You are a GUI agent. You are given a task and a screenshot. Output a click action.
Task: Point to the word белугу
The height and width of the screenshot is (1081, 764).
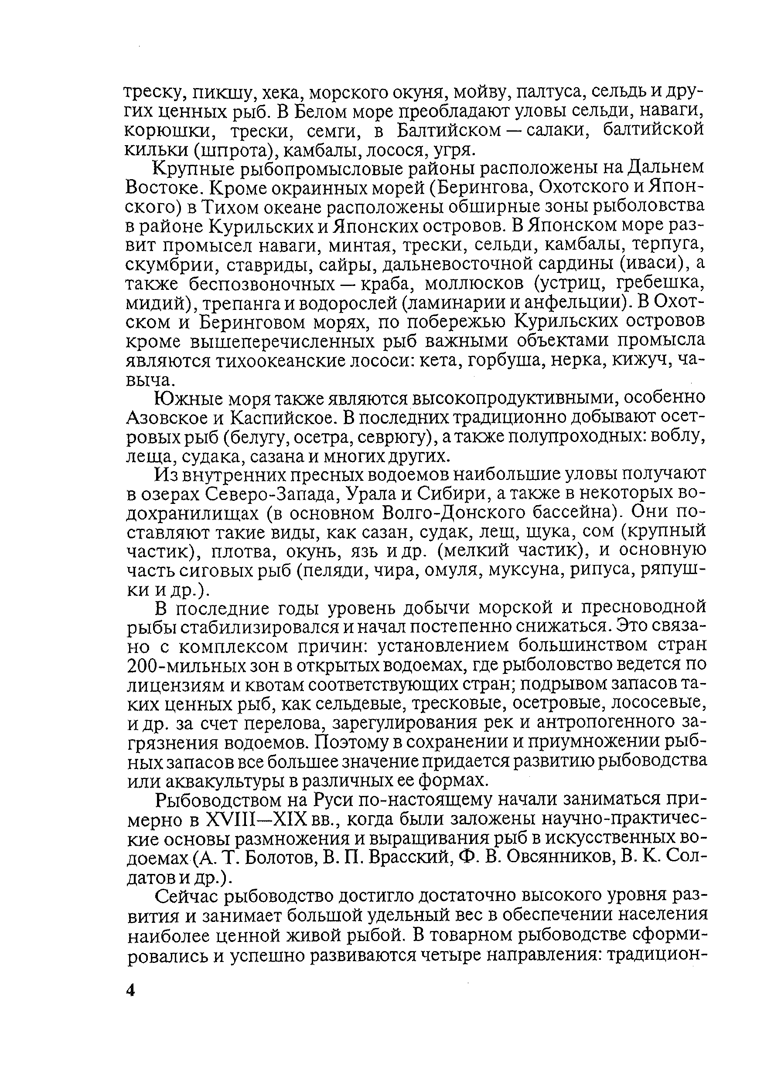[x=258, y=437]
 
